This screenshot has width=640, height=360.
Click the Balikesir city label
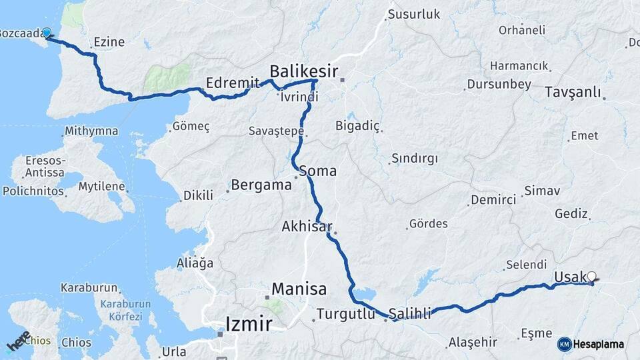tap(304, 71)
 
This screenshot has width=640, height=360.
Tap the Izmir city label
tap(249, 325)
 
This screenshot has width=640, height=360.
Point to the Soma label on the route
tap(318, 171)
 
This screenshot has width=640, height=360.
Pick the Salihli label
tap(410, 312)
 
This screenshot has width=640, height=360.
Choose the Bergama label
tap(261, 185)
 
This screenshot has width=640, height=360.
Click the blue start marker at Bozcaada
tap(47, 33)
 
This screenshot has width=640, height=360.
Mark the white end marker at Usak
tap(591, 275)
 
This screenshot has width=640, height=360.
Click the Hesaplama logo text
tap(598, 344)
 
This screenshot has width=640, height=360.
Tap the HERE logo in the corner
tap(18, 341)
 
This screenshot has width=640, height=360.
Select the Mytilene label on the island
tap(102, 186)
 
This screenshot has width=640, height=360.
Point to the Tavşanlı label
tap(573, 92)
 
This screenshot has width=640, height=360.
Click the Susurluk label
tap(414, 14)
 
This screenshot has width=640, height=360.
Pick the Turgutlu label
tap(345, 313)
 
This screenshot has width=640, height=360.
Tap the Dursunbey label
tap(499, 85)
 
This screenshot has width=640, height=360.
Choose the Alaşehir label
tap(473, 342)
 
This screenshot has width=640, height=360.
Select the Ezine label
tap(109, 42)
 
